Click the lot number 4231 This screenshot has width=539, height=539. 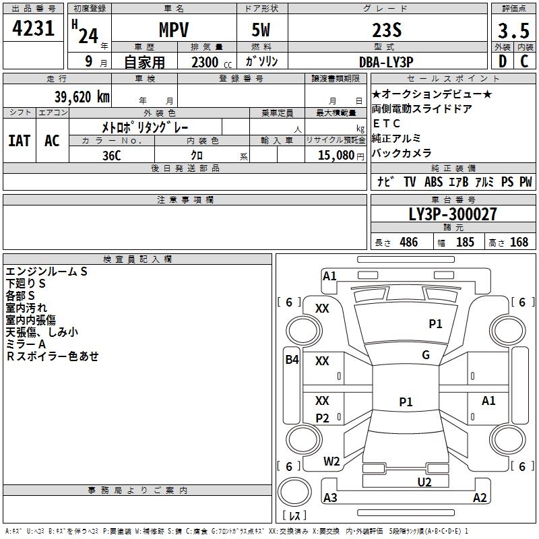(x=34, y=31)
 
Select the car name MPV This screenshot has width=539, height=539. (x=173, y=31)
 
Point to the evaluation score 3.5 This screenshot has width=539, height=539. (x=513, y=31)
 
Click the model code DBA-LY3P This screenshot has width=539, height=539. (x=387, y=62)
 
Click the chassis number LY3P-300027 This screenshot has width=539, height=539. (x=453, y=214)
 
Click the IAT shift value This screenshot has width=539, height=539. (x=20, y=141)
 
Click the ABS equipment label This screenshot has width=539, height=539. (x=433, y=182)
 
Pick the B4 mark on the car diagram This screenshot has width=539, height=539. (x=292, y=360)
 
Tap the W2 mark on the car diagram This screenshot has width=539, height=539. (x=331, y=462)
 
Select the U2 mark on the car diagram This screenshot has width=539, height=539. (x=424, y=482)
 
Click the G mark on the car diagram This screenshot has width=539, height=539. (x=426, y=355)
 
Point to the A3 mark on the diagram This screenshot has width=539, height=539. (x=330, y=498)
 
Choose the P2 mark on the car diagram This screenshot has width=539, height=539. (x=323, y=418)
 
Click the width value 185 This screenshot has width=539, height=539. (x=465, y=243)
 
